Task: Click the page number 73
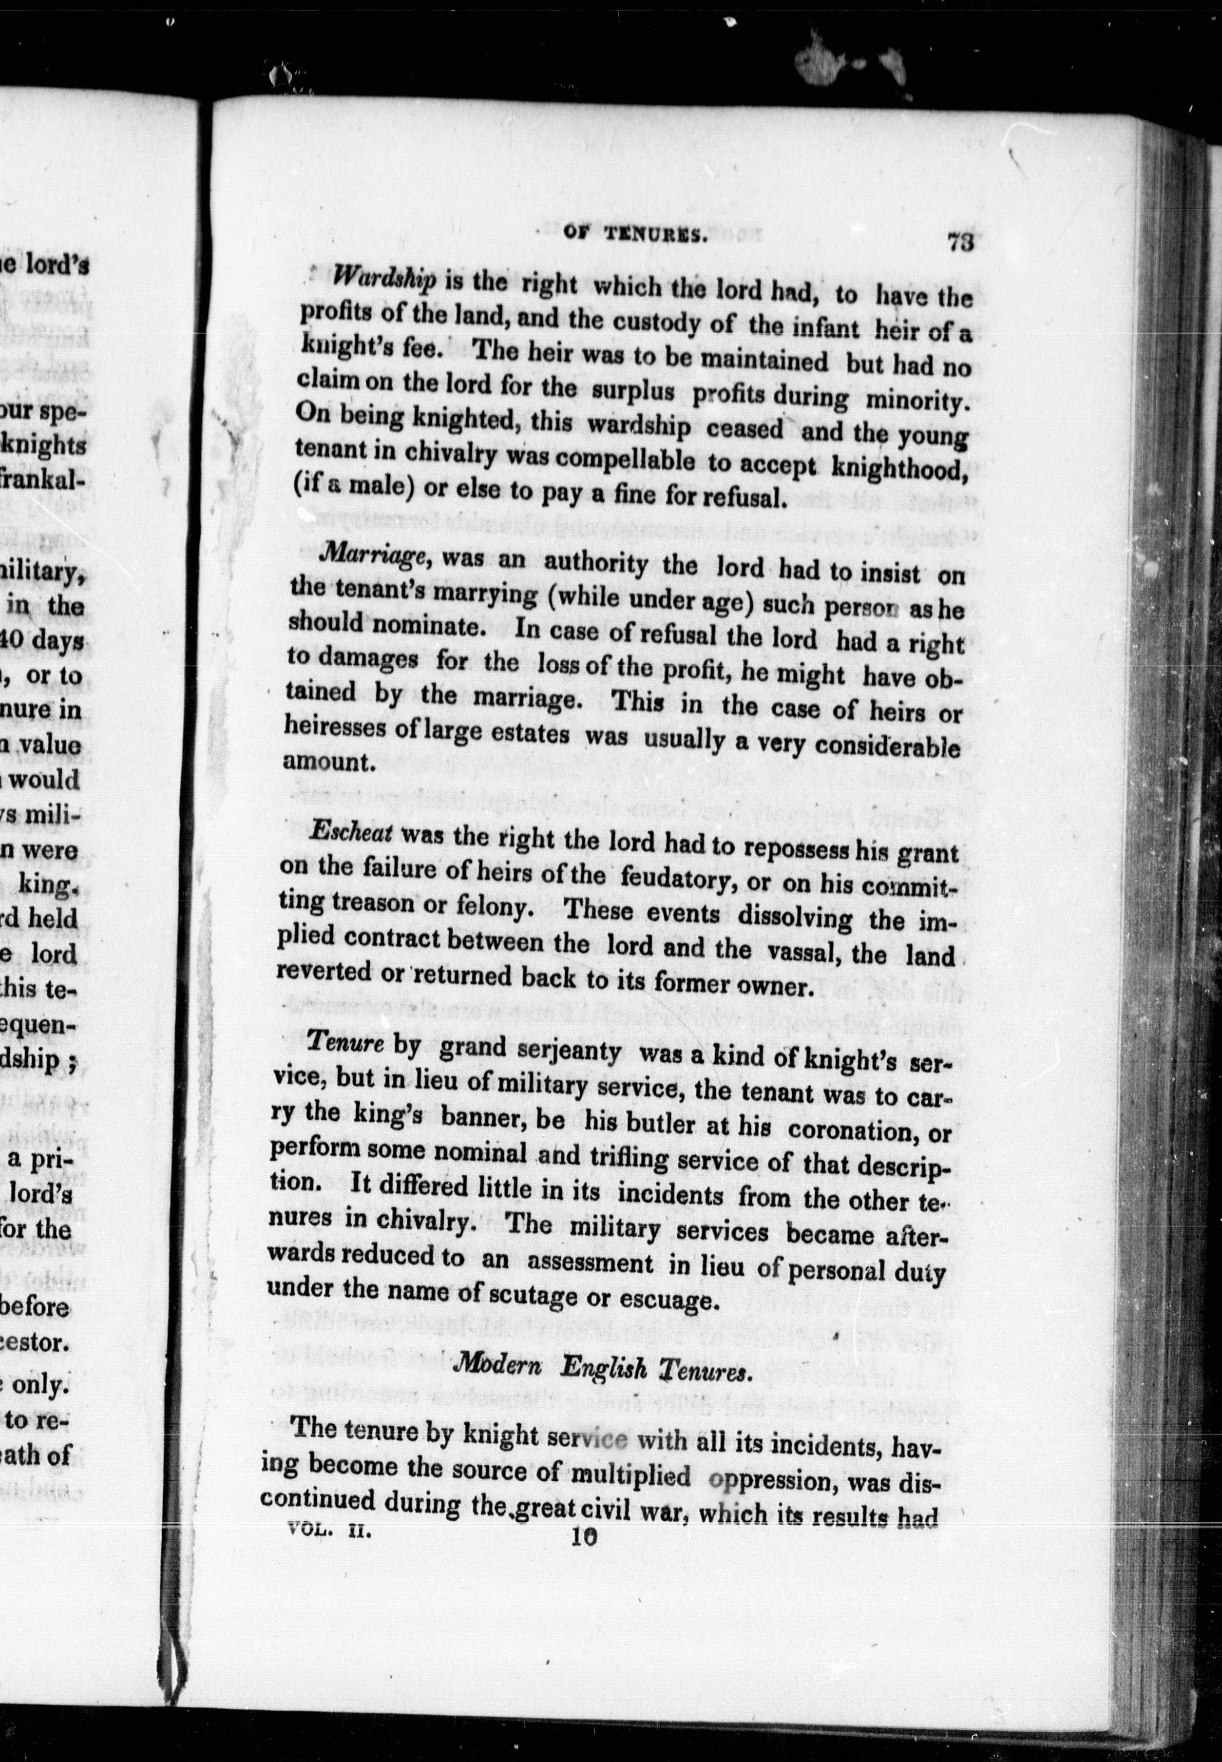[x=959, y=243]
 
